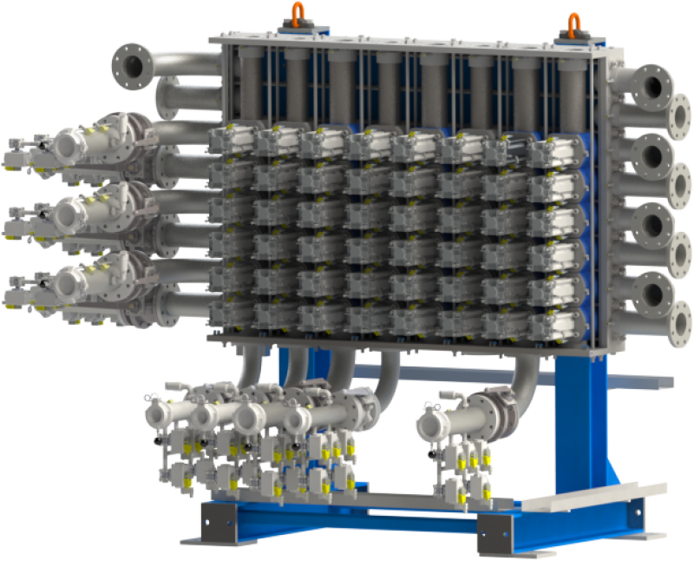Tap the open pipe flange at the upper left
coord(132,63)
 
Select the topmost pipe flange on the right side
coord(653,86)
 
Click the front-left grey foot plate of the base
coord(221,521)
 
